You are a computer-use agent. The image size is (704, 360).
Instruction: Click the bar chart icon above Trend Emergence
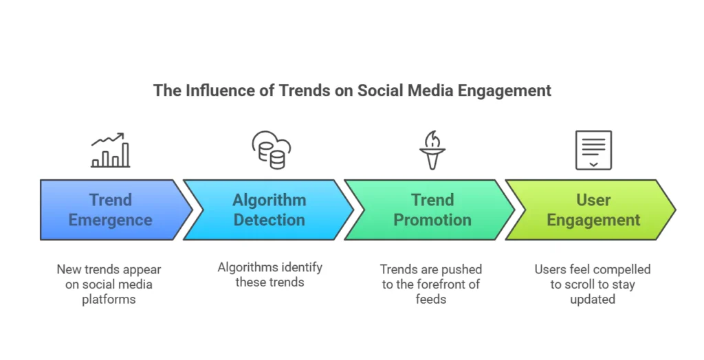[111, 150]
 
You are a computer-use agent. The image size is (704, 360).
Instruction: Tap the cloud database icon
[271, 150]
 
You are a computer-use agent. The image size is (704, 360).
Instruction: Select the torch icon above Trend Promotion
[432, 150]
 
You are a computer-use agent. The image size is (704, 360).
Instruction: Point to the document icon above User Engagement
[593, 150]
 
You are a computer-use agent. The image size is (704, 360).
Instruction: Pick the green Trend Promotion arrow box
[430, 210]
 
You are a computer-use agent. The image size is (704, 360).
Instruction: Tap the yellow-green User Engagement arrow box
[591, 210]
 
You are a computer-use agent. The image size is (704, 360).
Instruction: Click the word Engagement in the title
[504, 91]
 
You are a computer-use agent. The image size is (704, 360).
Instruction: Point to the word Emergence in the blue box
[111, 221]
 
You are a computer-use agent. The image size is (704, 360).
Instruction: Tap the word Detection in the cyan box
[269, 220]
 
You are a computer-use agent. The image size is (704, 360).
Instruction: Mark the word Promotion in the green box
[432, 220]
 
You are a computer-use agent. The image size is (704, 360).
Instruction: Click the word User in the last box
[593, 200]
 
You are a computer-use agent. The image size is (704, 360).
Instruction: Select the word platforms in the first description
[109, 300]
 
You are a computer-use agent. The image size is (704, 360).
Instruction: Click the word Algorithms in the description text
[245, 268]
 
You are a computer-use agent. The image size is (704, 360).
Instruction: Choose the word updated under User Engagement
[593, 300]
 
